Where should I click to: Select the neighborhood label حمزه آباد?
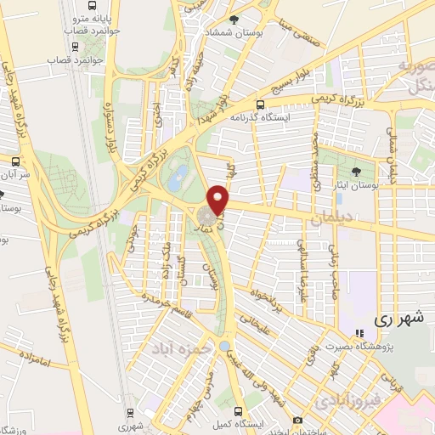(175, 348)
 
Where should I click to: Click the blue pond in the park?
(178, 178)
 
